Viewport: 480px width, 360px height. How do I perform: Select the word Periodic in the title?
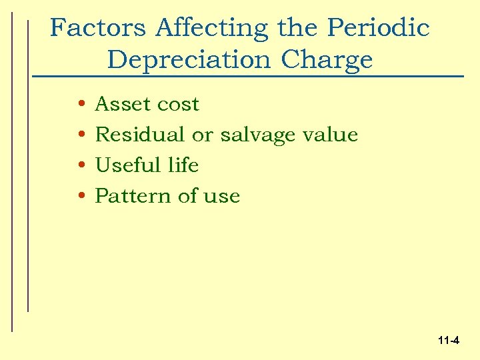point(378,28)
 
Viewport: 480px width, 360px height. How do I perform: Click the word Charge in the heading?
point(327,60)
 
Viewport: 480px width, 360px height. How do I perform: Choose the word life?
point(183,165)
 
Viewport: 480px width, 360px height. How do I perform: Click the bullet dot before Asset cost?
point(79,105)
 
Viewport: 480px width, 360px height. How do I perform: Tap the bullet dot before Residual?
point(79,135)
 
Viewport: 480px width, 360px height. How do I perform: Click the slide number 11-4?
point(449,341)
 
